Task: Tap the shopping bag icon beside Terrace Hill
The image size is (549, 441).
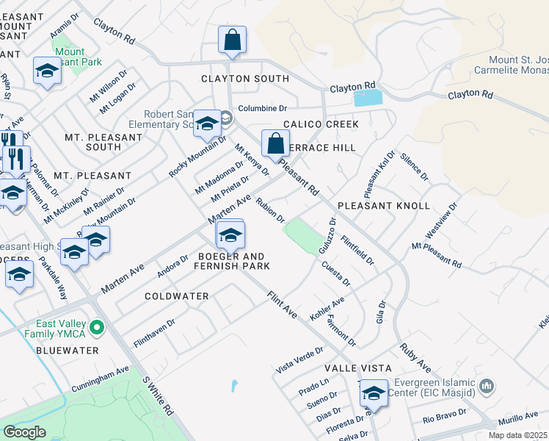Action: point(275,144)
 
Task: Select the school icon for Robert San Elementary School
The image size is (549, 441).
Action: point(208,123)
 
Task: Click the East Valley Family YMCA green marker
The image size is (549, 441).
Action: point(96,326)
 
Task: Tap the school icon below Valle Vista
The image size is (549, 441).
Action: point(373,395)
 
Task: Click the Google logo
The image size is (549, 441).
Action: point(24,432)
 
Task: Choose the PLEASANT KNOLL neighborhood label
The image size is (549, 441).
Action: point(383,205)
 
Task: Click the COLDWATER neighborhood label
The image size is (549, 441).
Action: point(177,295)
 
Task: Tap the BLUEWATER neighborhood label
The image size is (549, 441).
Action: point(66,351)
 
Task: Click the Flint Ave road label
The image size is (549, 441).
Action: point(282,304)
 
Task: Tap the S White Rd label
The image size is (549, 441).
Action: point(158,395)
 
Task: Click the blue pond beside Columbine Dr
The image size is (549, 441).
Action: point(368,98)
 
